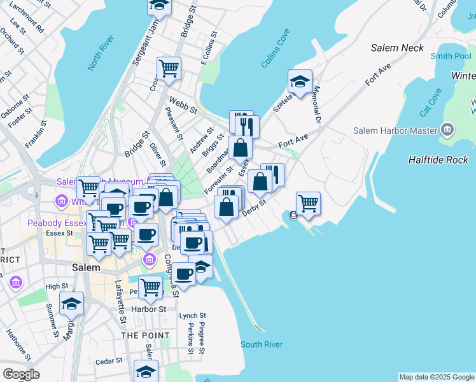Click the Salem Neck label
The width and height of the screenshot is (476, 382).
(398, 48)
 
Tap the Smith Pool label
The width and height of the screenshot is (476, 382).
(451, 56)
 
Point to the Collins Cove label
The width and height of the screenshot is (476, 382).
(276, 48)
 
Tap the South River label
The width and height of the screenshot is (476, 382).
(261, 344)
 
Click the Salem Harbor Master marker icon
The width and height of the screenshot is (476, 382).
(447, 131)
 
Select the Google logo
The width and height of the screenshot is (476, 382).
(21, 374)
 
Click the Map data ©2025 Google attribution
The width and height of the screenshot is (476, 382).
(437, 377)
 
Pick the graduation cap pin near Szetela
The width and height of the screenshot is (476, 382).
(300, 81)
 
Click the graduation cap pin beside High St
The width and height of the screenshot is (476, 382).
(72, 304)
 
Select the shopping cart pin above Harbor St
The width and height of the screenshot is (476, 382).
(150, 287)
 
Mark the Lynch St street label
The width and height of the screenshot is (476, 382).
(193, 315)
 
